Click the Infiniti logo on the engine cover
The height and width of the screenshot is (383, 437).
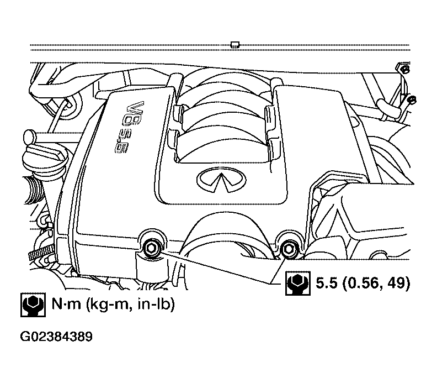222,180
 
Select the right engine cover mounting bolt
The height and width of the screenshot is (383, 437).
287,249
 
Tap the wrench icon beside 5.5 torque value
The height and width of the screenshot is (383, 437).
297,283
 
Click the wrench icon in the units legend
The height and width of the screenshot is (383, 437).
33,305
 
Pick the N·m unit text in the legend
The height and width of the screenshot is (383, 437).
66,304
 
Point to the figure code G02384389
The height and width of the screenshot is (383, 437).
56,337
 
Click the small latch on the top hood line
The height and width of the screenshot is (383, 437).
235,45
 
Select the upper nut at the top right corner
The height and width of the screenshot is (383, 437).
406,69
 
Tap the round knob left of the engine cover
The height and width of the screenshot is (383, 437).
29,137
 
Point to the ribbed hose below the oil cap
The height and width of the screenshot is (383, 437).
35,189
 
